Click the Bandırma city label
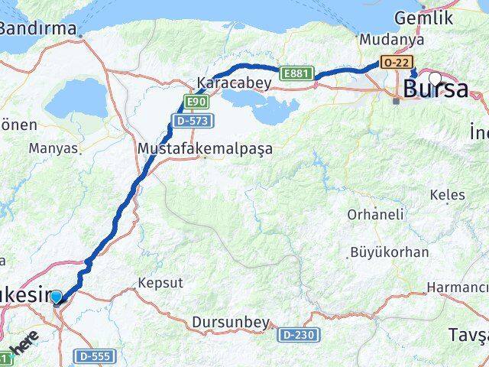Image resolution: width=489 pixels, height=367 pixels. point(38,29)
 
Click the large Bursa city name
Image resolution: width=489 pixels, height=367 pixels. point(436,89)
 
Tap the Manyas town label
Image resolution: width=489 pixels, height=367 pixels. point(53,148)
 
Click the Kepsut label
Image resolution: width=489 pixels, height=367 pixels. point(160,282)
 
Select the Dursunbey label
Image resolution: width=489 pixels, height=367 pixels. point(232,323)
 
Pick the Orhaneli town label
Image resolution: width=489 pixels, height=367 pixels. point(375,215)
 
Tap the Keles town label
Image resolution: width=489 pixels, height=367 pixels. point(447,195)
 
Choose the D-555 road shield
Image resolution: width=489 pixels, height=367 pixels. point(93,356)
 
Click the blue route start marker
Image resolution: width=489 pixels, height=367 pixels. point(57,296)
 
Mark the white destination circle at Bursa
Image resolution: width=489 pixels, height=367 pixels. point(435,77)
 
